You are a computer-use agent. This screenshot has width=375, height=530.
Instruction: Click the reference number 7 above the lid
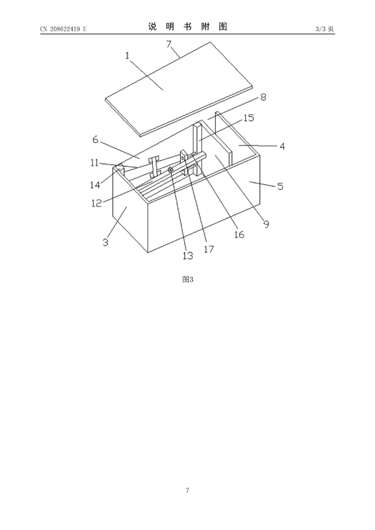coord(168,44)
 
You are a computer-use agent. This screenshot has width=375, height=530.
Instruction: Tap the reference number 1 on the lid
coord(128,55)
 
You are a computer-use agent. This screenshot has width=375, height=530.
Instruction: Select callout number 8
coord(263,97)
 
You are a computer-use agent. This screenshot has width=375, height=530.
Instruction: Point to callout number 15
coord(249,118)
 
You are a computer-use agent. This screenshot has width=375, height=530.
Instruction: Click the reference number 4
coord(282,146)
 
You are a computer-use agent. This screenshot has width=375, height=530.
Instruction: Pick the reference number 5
coord(280,186)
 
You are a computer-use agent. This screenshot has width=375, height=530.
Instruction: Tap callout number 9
coord(266,224)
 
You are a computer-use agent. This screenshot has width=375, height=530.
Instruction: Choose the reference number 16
coord(239,235)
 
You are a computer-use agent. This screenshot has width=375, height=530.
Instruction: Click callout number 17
coord(209,249)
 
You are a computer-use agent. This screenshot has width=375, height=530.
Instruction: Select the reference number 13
coord(188,256)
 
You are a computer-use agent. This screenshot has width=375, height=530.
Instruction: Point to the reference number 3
coord(106,242)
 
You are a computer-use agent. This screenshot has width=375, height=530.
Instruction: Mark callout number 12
coord(97,203)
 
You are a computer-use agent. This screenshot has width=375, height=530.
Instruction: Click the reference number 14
coord(95,185)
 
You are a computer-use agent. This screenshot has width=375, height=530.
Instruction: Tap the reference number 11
coord(95,163)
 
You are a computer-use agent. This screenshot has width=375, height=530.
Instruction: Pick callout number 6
coord(95,139)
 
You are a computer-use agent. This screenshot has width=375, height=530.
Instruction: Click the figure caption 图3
coord(188,279)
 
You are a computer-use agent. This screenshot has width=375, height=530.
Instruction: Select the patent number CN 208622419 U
coord(63,29)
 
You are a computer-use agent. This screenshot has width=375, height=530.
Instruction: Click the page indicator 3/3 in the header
coord(320,29)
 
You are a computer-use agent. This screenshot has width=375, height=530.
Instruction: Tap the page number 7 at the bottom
coord(188,490)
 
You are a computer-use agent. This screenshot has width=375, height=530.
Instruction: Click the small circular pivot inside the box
coord(171,169)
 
